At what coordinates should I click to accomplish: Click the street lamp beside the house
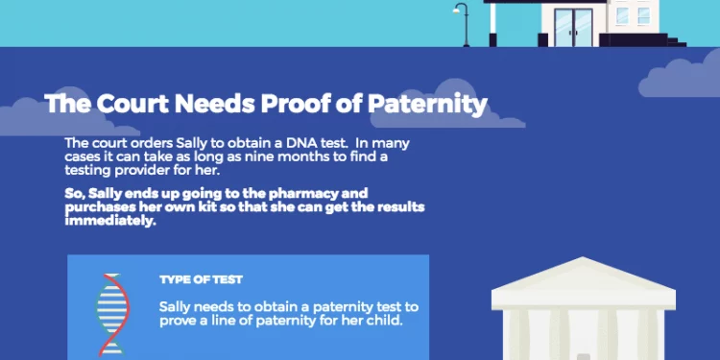463,21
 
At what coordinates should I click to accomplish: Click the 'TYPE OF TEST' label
201,280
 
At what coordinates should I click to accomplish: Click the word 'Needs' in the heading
213,103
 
